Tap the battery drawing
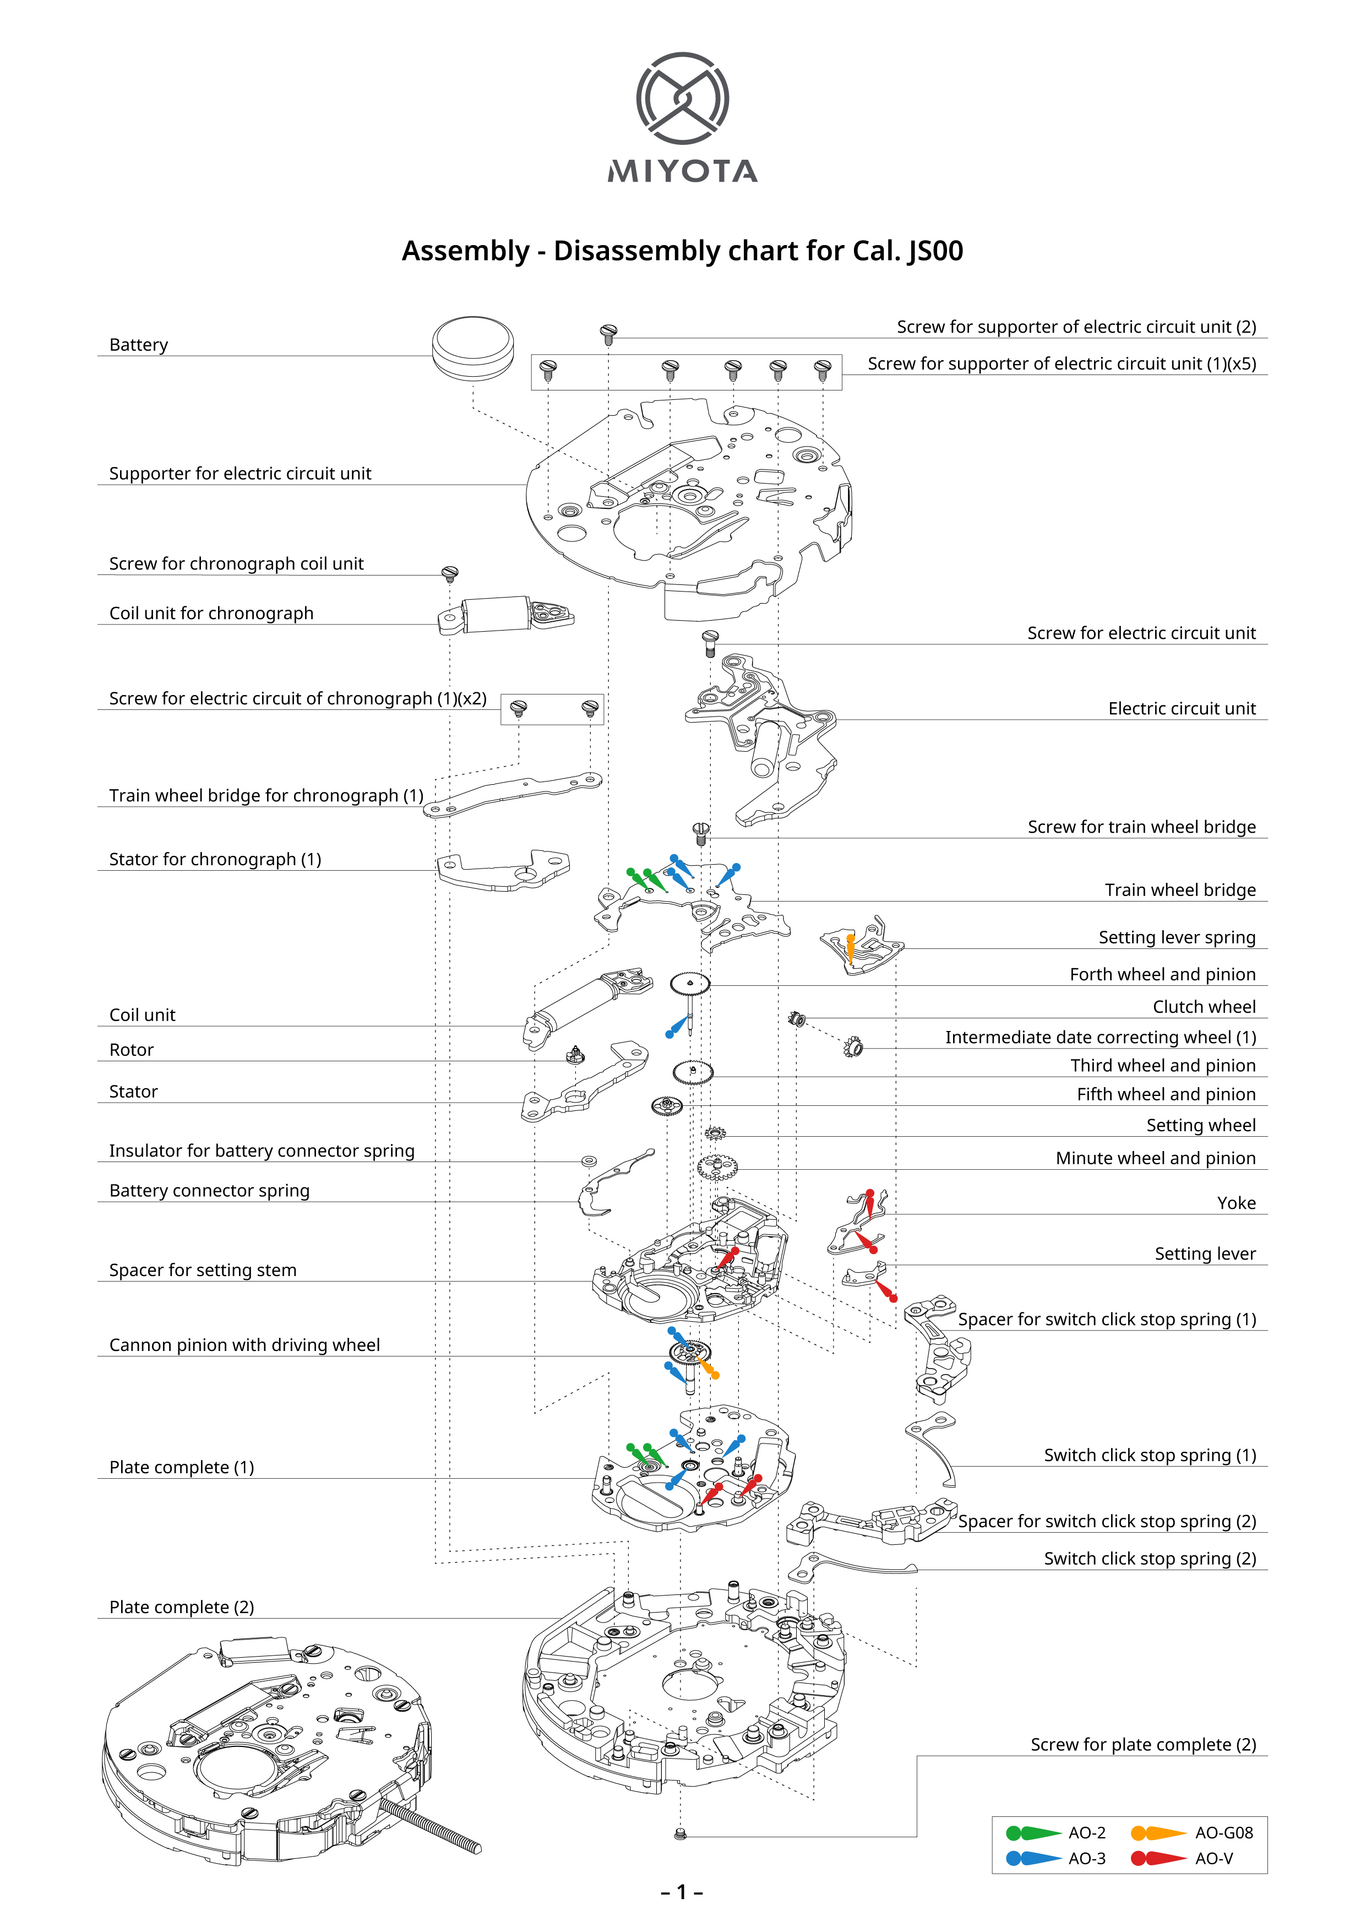point(473,348)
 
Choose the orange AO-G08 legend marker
point(1158,1833)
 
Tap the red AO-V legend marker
point(1158,1858)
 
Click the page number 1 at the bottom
point(682,1892)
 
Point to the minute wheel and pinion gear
point(717,1167)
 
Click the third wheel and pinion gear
point(693,1072)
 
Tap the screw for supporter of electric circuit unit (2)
point(609,333)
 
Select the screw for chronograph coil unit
point(450,574)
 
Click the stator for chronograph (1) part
point(504,869)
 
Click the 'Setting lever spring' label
point(1177,937)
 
